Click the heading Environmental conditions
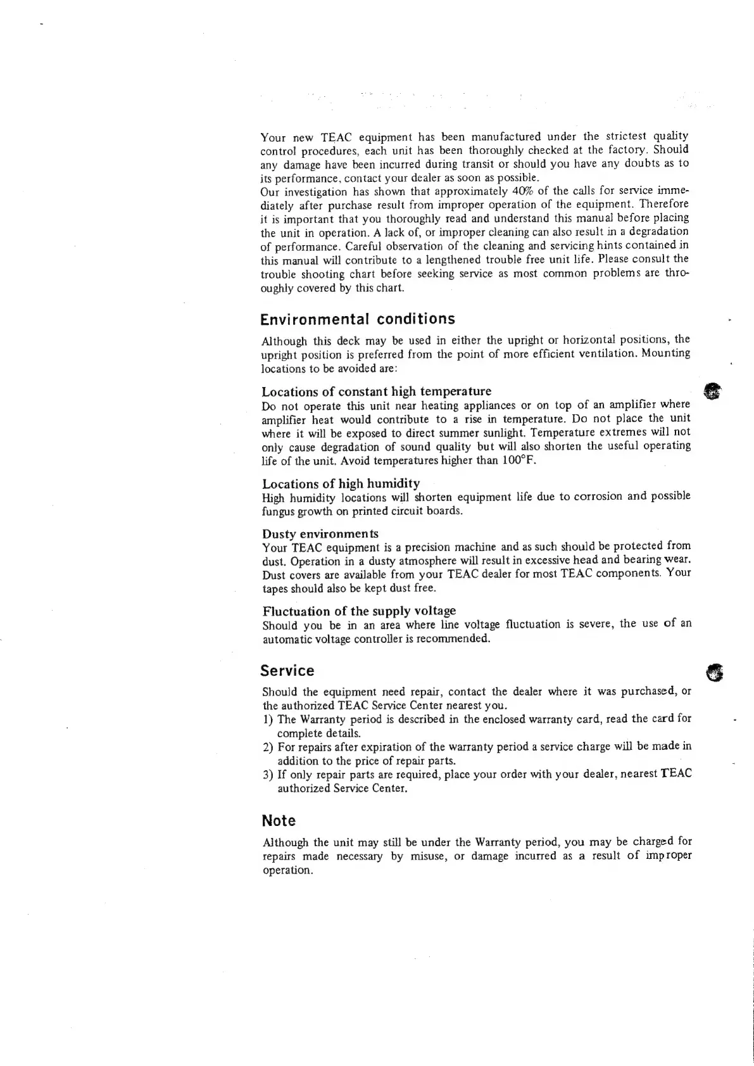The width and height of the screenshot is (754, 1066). click(x=358, y=318)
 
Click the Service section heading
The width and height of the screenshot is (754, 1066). click(x=287, y=670)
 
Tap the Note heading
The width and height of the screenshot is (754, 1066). click(x=279, y=820)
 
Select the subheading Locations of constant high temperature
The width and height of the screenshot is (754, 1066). click(x=376, y=391)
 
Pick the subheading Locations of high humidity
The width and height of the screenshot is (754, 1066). click(x=341, y=483)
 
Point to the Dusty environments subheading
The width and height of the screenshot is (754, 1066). click(x=320, y=533)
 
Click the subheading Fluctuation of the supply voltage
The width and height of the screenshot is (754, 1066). click(x=358, y=611)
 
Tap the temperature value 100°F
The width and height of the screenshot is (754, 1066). click(x=518, y=460)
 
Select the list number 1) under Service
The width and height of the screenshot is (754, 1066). click(x=268, y=719)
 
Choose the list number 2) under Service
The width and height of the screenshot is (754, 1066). click(x=268, y=747)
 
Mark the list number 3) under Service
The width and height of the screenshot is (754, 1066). click(x=268, y=774)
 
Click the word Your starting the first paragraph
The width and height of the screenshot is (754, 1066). click(x=273, y=137)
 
